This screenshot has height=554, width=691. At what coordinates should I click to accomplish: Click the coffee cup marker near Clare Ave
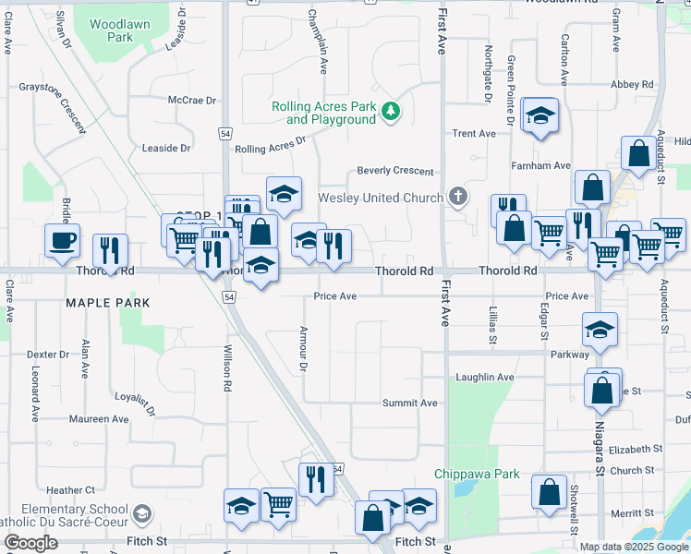pyautogui.click(x=63, y=240)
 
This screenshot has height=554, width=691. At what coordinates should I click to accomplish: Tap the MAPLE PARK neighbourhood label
pyautogui.click(x=107, y=303)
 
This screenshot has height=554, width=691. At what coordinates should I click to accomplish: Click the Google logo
pyautogui.click(x=30, y=543)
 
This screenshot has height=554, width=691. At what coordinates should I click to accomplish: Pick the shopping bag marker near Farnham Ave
pyautogui.click(x=638, y=154)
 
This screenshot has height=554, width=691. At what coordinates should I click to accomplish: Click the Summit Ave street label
pyautogui.click(x=410, y=403)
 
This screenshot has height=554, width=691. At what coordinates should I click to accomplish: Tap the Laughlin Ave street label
pyautogui.click(x=485, y=378)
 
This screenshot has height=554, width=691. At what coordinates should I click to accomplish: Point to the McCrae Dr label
pyautogui.click(x=191, y=100)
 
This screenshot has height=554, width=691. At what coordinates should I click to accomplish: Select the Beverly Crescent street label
pyautogui.click(x=395, y=172)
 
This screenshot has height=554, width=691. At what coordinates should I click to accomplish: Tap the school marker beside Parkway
pyautogui.click(x=600, y=331)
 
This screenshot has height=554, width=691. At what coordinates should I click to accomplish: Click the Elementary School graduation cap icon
pyautogui.click(x=143, y=513)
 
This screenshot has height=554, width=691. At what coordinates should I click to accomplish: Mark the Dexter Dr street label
pyautogui.click(x=48, y=355)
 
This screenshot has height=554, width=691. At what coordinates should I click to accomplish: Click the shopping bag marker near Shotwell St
pyautogui.click(x=550, y=492)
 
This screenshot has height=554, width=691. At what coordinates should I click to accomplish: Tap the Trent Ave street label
pyautogui.click(x=474, y=134)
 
